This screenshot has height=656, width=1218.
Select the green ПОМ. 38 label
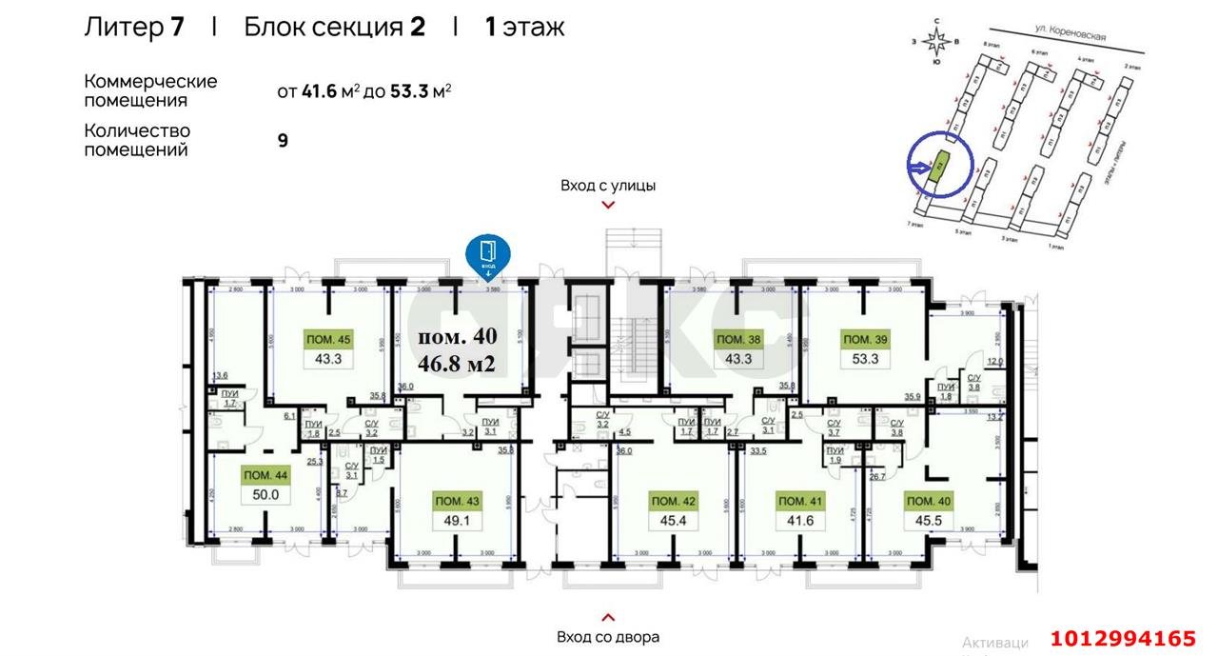pyautogui.click(x=737, y=339)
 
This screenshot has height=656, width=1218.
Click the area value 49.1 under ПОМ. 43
pyautogui.click(x=457, y=522)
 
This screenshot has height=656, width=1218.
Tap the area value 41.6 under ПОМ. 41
pyautogui.click(x=800, y=522)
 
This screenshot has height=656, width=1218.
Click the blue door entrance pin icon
pyautogui.click(x=487, y=254)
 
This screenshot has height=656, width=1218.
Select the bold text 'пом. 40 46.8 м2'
pyautogui.click(x=458, y=349)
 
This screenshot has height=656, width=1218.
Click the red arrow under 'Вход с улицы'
pyautogui.click(x=608, y=204)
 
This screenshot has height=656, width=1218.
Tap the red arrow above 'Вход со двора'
pyautogui.click(x=608, y=617)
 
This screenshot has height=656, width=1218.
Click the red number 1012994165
pyautogui.click(x=1122, y=638)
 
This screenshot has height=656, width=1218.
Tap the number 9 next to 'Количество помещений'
pyautogui.click(x=283, y=140)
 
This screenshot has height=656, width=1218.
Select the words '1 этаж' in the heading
pyautogui.click(x=524, y=27)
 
